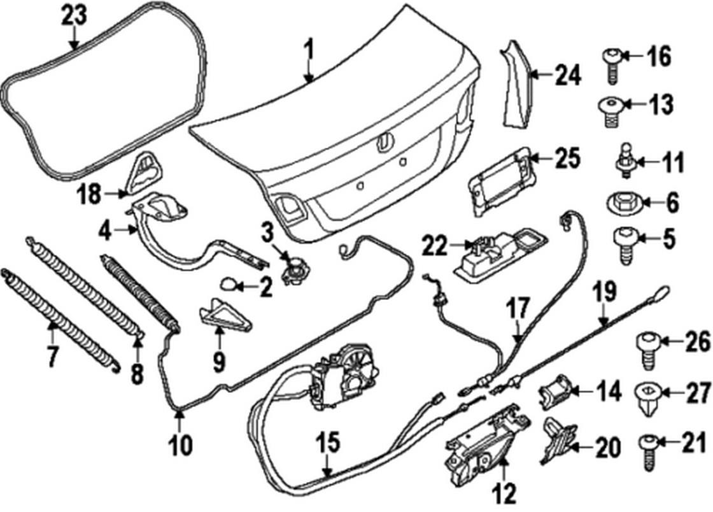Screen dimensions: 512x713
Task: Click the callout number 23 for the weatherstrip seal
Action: [x=74, y=17]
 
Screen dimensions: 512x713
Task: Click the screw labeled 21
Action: [x=646, y=448]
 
